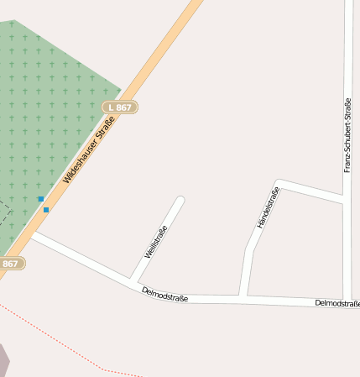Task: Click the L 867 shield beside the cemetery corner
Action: tap(119, 107)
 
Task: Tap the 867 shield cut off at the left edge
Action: tap(11, 264)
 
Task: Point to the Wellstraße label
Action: tap(156, 242)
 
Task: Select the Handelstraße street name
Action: tap(267, 209)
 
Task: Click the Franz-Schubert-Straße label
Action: tap(347, 135)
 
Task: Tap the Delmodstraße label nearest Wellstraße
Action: tap(164, 294)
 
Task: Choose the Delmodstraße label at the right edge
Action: tap(337, 303)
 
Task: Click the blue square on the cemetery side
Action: tap(40, 199)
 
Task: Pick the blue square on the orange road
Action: tap(46, 209)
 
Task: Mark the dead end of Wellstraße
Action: tap(180, 201)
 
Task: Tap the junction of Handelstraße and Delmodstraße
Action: tap(242, 296)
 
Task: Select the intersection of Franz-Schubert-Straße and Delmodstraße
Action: tap(347, 300)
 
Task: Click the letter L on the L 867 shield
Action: tap(110, 107)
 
